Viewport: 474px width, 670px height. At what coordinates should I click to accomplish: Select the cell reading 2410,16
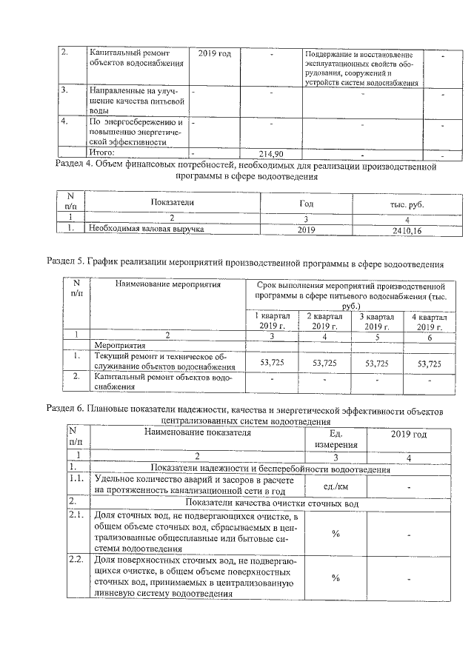pos(401,230)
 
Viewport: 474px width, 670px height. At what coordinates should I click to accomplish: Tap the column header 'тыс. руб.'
pos(401,204)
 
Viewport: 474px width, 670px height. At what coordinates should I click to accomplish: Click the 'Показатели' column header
pos(172,202)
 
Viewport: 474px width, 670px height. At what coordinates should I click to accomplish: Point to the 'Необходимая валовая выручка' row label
pos(146,230)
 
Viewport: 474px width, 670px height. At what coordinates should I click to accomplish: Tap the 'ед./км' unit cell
pos(336,486)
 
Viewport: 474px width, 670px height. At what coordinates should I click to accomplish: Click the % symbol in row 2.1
pos(336,534)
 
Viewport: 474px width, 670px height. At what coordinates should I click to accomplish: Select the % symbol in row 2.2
pos(336,578)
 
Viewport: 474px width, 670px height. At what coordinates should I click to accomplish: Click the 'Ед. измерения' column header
pos(336,439)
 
